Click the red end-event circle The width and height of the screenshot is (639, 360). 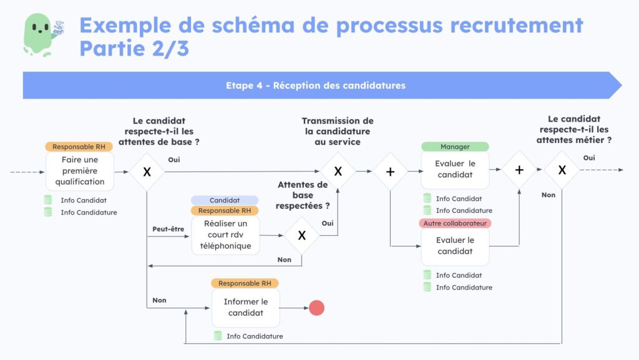click(317, 308)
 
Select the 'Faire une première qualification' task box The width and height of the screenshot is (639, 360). click(79, 171)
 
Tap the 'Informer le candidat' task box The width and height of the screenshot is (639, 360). click(245, 308)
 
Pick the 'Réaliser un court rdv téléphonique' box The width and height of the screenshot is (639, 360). click(225, 235)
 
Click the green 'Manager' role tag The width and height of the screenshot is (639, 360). click(455, 147)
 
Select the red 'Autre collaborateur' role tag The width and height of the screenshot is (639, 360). click(455, 223)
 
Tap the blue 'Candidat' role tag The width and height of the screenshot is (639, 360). click(225, 200)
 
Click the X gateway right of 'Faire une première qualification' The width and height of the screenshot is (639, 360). click(147, 171)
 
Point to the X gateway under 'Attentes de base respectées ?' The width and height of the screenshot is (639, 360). click(301, 235)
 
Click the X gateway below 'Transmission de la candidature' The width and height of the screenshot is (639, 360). click(338, 170)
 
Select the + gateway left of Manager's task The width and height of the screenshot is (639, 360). click(390, 170)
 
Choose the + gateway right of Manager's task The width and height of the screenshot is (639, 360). click(519, 169)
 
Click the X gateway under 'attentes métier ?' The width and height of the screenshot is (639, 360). click(562, 169)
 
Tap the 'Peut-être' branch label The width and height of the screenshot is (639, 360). click(168, 229)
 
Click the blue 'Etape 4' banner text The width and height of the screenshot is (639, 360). click(316, 85)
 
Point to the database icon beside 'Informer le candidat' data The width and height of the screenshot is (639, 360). click(218, 336)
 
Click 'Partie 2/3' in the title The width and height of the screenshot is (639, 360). click(134, 48)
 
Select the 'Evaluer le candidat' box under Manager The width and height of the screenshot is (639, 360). click(455, 169)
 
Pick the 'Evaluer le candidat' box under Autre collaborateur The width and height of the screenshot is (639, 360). click(455, 246)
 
